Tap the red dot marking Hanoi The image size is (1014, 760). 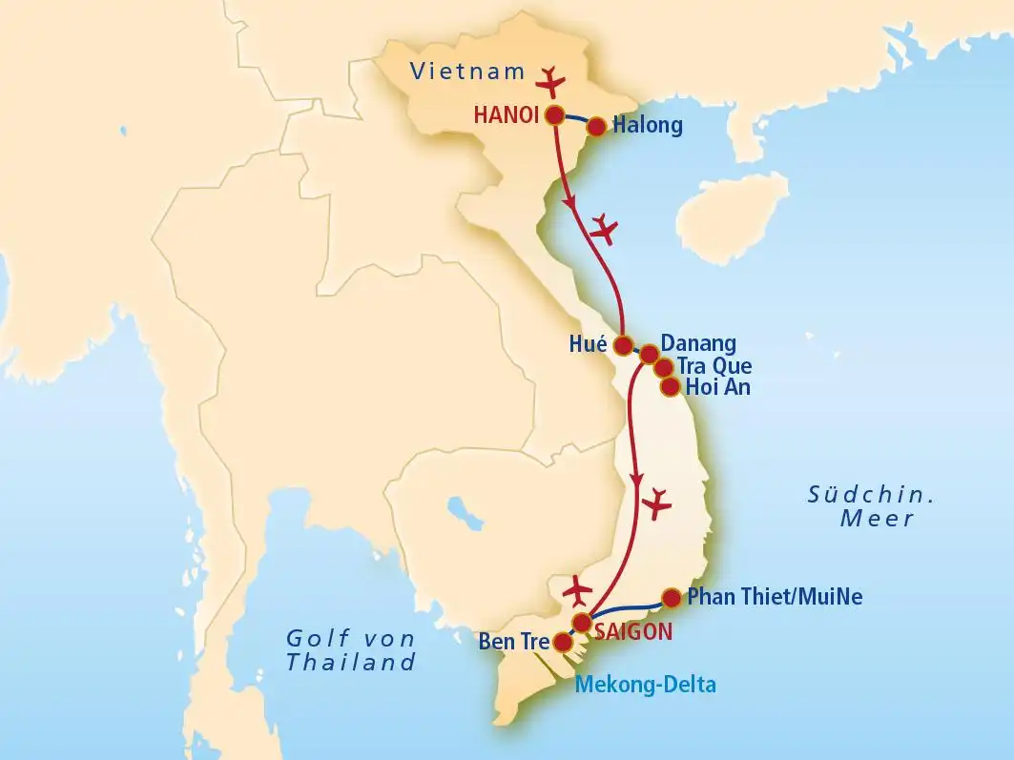point(554,115)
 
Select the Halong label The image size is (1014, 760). point(648,125)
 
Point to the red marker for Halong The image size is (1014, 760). point(596,126)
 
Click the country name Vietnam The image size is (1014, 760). point(467,71)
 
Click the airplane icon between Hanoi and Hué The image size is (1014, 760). point(605,228)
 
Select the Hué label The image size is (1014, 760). point(588,344)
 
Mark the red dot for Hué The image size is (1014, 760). point(623,344)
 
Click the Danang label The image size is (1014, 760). point(698,343)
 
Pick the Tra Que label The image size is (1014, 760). point(714,366)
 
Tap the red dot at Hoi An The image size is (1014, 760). point(670,386)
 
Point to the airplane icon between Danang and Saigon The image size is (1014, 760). point(657,503)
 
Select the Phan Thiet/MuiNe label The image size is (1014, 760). point(775,598)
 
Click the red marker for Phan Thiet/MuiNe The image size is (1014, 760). point(671,598)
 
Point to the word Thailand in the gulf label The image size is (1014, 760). point(351,663)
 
